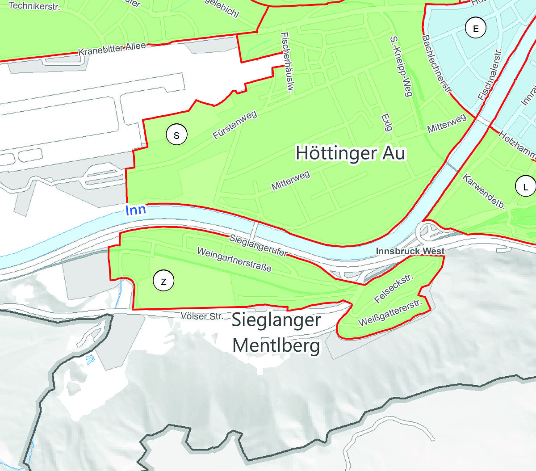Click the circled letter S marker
[x=176, y=135]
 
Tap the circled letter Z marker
[x=163, y=281]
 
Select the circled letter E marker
[x=476, y=29]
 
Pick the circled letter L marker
[x=525, y=186]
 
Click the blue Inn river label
[x=135, y=210]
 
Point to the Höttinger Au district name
[x=350, y=153]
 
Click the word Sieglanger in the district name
[x=276, y=320]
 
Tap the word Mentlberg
[x=276, y=345]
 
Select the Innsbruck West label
[x=410, y=251]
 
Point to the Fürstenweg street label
[x=235, y=125]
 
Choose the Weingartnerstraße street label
[x=234, y=260]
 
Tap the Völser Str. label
[x=202, y=316]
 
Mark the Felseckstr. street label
[x=394, y=289]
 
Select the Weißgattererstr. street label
[x=390, y=313]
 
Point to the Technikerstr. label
[x=34, y=6]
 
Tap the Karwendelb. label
[x=484, y=192]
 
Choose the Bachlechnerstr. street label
[x=437, y=65]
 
